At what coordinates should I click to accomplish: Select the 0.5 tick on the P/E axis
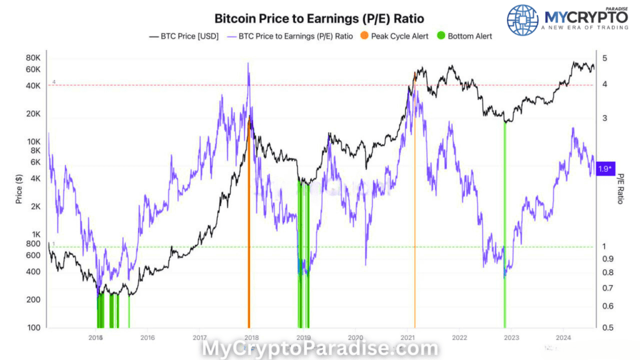(x=606, y=327)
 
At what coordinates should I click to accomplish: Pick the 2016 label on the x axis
(x=147, y=337)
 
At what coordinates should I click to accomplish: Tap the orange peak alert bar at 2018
(x=249, y=250)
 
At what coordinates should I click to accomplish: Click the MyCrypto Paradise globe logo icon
(x=522, y=21)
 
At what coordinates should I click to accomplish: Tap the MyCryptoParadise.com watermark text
(x=319, y=348)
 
